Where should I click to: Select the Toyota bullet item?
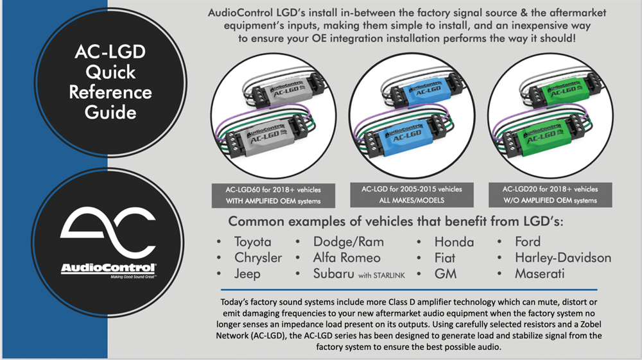click(x=252, y=242)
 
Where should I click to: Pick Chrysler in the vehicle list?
click(x=257, y=258)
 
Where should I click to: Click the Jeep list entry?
click(x=247, y=274)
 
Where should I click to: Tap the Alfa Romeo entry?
click(x=347, y=258)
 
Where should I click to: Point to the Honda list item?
click(x=454, y=242)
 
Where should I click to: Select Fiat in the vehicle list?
click(x=444, y=258)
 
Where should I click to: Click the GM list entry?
click(x=444, y=274)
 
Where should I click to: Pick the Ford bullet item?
click(x=527, y=242)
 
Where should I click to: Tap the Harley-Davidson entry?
click(x=562, y=258)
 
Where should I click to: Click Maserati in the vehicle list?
click(x=539, y=274)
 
